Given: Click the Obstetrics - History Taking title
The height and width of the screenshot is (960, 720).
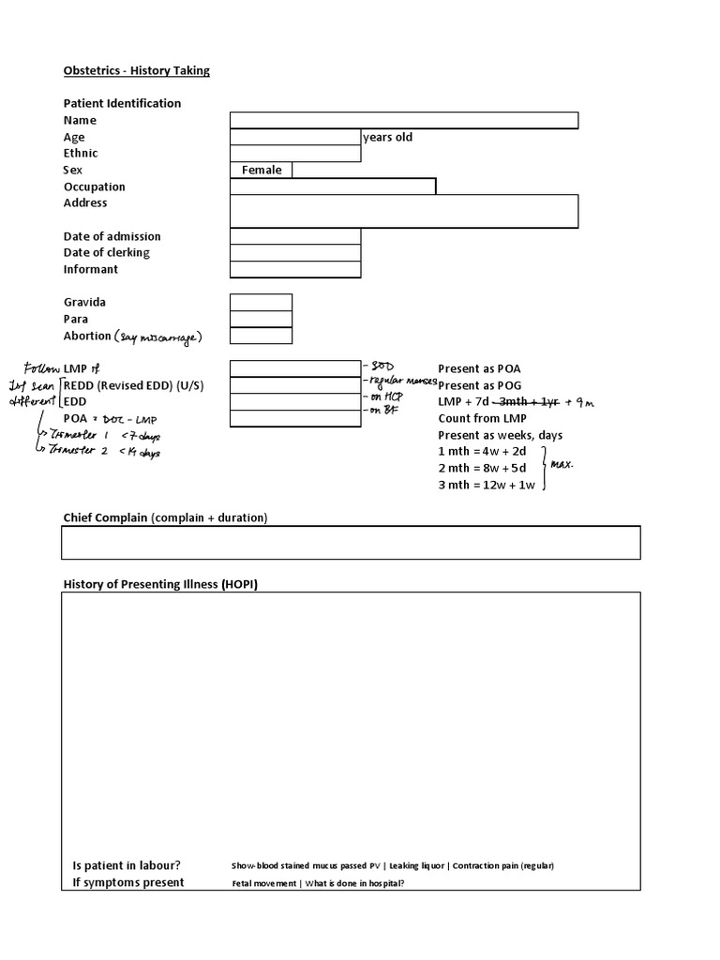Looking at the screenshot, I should [136, 70].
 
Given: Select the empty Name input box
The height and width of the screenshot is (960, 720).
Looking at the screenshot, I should [403, 120].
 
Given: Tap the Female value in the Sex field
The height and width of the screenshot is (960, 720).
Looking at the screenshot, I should [261, 170].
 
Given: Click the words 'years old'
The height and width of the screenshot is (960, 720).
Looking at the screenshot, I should [387, 137].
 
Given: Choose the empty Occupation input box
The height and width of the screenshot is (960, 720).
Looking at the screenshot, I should [332, 187].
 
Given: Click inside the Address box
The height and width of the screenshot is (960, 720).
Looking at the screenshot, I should [403, 211].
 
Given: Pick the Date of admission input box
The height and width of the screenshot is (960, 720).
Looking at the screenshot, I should [295, 236].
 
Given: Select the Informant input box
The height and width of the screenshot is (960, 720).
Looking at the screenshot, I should [295, 269].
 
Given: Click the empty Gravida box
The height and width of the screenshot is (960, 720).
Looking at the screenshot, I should [261, 302].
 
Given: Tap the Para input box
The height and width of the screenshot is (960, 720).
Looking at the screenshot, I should [261, 319].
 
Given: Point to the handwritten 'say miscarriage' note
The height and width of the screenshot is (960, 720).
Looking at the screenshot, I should [158, 337].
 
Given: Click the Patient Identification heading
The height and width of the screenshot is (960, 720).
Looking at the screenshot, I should [122, 103].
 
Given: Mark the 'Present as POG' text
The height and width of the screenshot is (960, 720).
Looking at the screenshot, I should [479, 385].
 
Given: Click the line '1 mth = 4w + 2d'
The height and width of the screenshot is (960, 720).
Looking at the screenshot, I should [481, 452].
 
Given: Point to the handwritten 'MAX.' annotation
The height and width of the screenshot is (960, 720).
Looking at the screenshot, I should [562, 465].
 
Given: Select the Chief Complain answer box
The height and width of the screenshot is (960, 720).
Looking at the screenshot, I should [352, 542].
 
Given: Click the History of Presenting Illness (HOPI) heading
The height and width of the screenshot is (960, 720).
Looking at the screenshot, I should [160, 584].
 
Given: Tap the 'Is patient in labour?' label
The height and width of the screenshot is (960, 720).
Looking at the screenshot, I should [127, 865].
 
